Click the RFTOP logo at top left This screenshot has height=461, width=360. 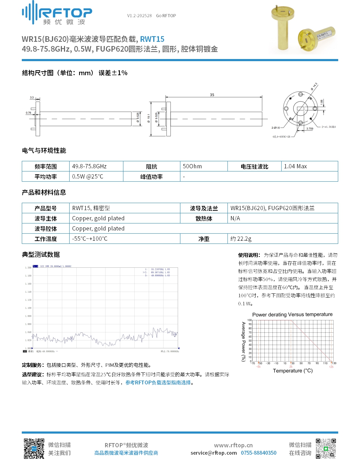coord(57,13)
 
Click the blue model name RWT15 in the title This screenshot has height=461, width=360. coord(152,39)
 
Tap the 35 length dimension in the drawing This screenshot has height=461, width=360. coord(212,95)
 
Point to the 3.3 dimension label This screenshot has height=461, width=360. coord(32,97)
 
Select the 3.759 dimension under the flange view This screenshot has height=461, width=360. coord(309,129)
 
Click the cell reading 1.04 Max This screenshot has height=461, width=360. coord(295,166)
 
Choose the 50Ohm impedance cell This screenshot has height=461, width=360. coord(192,166)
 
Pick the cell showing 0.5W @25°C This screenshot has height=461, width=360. coord(88,176)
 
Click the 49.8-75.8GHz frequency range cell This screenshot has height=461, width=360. coord(89,166)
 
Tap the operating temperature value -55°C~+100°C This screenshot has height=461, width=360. coord(90,239)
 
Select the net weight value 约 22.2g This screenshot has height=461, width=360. coord(241,239)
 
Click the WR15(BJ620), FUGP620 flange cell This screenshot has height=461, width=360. coord(272,208)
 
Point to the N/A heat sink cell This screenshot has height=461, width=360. coord(235,218)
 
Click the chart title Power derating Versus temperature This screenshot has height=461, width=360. coord(292,314)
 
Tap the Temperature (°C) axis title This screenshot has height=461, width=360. coord(292,371)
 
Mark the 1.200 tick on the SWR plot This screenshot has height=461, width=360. coord(28,267)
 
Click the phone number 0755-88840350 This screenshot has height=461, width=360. coord(258,453)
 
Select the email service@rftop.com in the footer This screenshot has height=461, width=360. coord(214,453)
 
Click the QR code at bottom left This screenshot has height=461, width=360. coord(34,449)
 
